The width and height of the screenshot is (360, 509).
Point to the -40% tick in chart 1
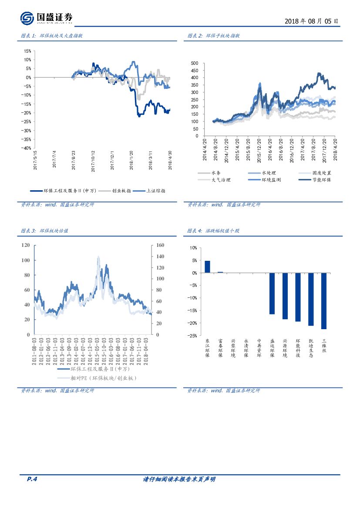(x=26, y=148)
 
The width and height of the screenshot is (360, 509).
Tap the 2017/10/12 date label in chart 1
(x=93, y=159)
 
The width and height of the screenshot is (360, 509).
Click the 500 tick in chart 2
(x=195, y=63)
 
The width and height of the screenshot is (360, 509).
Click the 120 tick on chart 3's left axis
(x=25, y=245)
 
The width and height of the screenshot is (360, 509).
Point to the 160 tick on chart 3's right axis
(x=160, y=245)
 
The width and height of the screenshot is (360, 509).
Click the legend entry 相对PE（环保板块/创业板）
(x=100, y=378)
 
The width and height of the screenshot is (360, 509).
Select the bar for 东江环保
(x=207, y=267)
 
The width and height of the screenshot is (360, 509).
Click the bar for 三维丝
(x=323, y=301)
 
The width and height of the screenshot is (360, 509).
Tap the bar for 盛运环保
(x=272, y=293)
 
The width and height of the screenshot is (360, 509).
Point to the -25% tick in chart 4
(x=192, y=336)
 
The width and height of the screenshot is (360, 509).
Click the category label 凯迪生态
(x=311, y=348)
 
